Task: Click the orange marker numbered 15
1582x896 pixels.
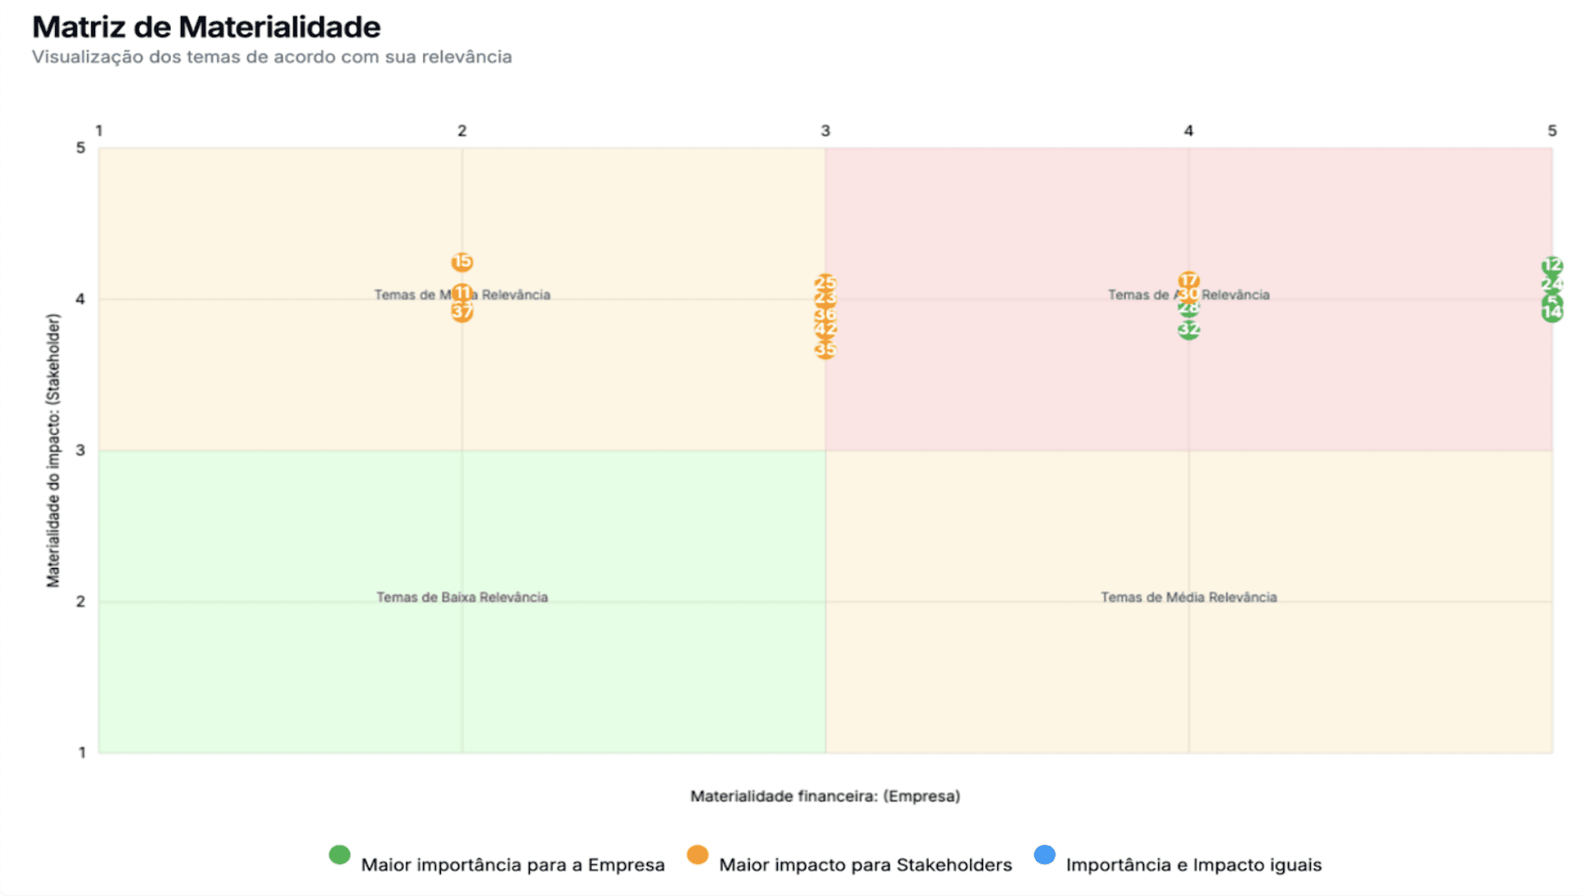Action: tap(462, 262)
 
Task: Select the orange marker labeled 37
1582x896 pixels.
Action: tap(462, 312)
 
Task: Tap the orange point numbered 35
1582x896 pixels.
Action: tap(825, 350)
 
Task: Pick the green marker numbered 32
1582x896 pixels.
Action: tap(1189, 330)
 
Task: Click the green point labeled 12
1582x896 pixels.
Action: tap(1552, 266)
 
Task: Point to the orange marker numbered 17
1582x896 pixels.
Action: tap(1189, 280)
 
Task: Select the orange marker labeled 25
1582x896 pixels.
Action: tap(825, 283)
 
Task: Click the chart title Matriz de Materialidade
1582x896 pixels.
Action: tap(206, 27)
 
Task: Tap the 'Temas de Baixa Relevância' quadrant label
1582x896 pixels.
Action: tap(462, 598)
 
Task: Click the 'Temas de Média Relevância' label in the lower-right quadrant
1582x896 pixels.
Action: tap(1189, 598)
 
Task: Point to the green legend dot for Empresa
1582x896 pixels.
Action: tap(339, 855)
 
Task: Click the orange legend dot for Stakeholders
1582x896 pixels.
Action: tap(697, 855)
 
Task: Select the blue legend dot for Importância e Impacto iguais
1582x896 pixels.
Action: tap(1044, 855)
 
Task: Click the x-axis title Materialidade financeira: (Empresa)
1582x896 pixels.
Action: tap(825, 796)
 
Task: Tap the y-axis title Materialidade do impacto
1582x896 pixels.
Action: tap(53, 450)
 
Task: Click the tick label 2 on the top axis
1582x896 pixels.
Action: tap(462, 131)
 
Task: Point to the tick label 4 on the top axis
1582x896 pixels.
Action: tap(1188, 131)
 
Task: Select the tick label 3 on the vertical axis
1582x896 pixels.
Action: tap(80, 450)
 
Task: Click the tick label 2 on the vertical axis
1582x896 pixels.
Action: tap(80, 602)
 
